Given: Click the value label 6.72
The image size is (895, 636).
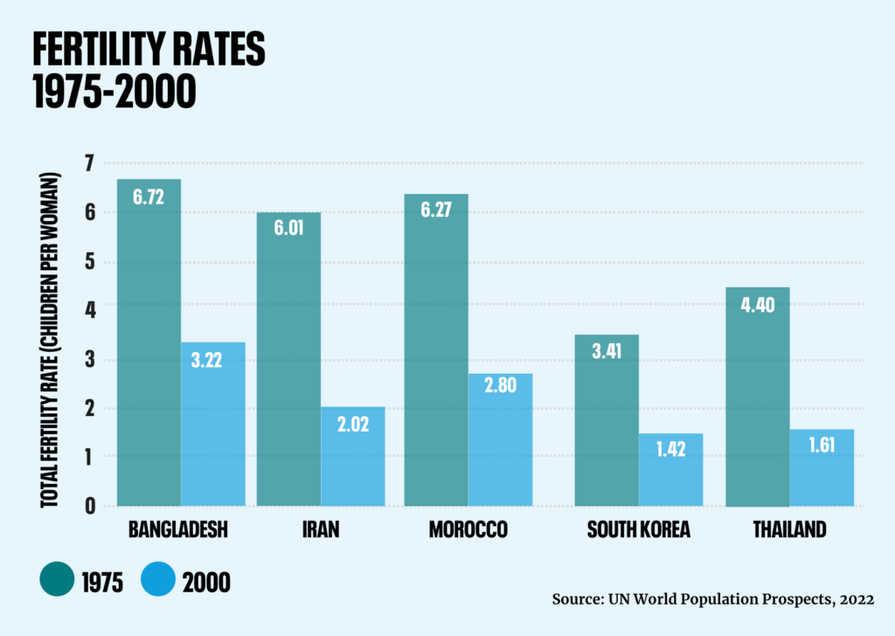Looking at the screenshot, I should [149, 197].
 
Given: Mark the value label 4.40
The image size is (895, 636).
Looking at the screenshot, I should [758, 305].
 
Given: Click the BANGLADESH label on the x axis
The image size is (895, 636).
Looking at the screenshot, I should [178, 530].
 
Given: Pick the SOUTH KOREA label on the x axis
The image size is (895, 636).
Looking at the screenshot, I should [639, 530].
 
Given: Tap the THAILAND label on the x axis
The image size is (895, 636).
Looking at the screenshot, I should [789, 530].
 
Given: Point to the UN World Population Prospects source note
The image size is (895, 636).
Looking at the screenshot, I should [712, 599].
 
